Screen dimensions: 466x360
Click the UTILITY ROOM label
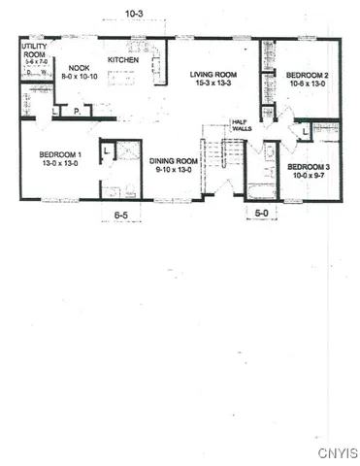[34, 50]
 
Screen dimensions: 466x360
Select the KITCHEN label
[123, 59]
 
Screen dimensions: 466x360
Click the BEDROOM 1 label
[60, 155]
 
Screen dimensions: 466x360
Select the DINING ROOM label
[174, 160]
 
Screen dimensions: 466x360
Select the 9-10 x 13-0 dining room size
[174, 170]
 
